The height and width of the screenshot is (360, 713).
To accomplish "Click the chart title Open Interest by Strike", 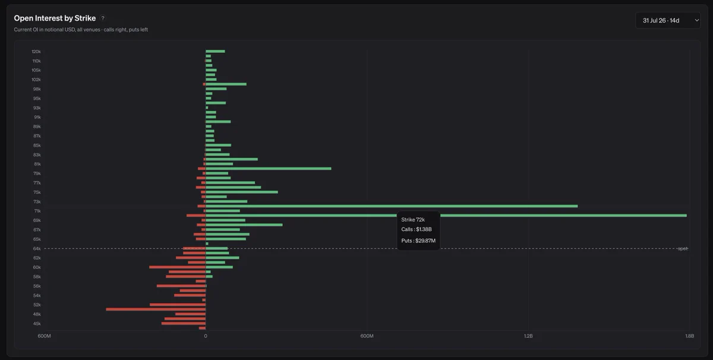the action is click(x=55, y=18).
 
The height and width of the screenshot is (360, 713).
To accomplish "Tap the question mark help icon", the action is click(x=103, y=18).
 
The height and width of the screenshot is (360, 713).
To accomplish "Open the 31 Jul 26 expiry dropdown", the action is click(x=668, y=20).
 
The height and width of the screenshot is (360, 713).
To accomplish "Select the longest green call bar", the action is click(x=446, y=216).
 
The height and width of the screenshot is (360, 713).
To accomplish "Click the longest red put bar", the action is click(x=156, y=309).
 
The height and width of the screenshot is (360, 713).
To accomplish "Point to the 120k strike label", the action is click(x=36, y=52).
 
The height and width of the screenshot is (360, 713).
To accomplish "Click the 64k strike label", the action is click(x=37, y=248).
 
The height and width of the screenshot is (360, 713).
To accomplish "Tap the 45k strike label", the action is click(x=37, y=324).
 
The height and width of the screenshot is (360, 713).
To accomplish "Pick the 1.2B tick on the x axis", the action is click(x=528, y=336).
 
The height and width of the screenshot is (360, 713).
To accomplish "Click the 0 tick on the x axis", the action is click(x=206, y=336).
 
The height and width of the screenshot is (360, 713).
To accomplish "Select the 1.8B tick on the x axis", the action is click(x=689, y=336).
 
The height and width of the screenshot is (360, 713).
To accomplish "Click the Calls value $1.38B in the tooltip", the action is click(x=424, y=229).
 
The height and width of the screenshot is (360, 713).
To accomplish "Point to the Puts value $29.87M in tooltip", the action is click(x=425, y=241).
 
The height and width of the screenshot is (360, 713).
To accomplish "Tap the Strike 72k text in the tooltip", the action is click(x=413, y=220).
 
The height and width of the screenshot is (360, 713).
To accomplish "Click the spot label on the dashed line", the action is click(x=683, y=248).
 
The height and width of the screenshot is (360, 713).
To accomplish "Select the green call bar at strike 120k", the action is click(x=215, y=51).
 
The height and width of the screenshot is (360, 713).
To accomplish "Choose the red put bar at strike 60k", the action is click(x=177, y=267).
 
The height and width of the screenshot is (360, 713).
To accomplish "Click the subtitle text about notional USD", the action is click(x=81, y=30).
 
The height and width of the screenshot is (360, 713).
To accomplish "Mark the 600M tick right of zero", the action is click(x=367, y=336).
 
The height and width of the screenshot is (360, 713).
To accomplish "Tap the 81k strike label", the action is click(x=37, y=164).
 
